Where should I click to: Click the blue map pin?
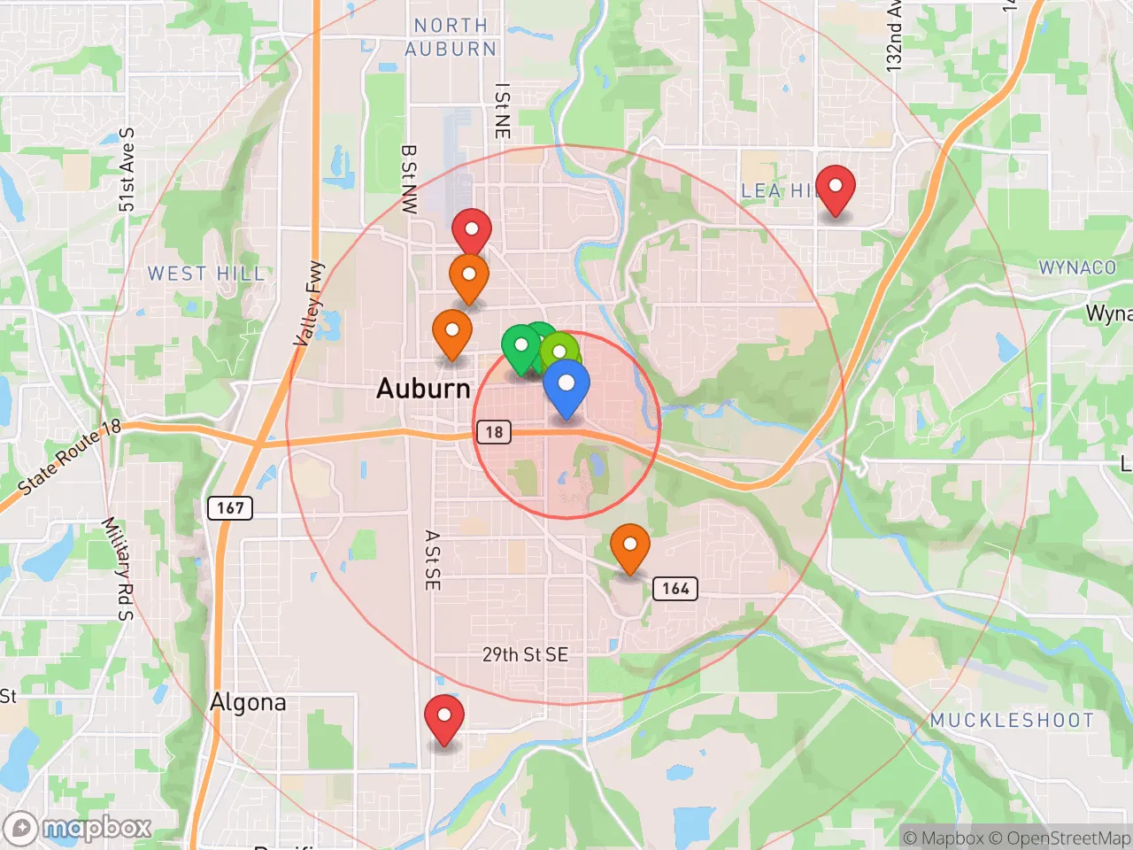click(566, 386)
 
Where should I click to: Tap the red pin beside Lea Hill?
click(835, 189)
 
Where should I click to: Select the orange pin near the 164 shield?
click(629, 546)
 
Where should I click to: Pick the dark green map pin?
click(521, 347)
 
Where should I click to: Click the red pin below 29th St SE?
click(444, 717)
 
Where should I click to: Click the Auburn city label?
click(423, 388)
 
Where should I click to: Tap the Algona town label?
click(248, 703)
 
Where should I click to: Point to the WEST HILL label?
click(206, 274)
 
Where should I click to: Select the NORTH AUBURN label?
click(451, 38)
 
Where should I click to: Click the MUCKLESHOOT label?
click(1012, 721)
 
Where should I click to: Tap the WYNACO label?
click(1077, 267)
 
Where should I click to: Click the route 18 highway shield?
click(494, 432)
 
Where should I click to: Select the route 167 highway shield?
click(230, 508)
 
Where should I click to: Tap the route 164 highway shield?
click(675, 589)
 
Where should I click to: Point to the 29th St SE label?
click(525, 655)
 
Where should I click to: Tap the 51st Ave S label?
click(127, 170)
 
